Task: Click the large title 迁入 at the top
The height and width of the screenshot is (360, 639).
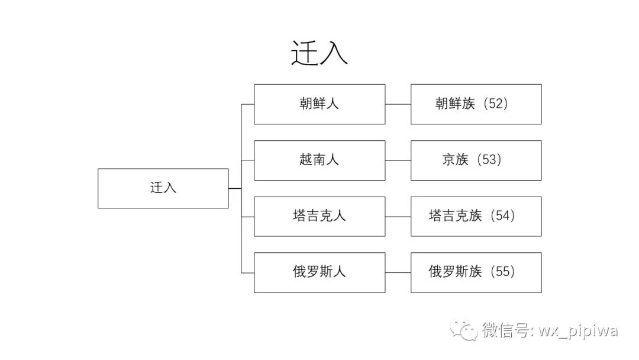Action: click(x=319, y=53)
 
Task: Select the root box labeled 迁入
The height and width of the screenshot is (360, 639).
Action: click(x=163, y=188)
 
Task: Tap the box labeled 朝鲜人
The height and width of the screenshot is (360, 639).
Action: click(x=319, y=104)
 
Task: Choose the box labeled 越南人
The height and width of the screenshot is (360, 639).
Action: click(x=319, y=160)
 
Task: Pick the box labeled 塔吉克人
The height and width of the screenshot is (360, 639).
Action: click(x=319, y=216)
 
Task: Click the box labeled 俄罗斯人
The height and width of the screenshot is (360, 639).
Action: click(x=319, y=272)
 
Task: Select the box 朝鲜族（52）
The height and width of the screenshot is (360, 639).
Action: click(x=476, y=104)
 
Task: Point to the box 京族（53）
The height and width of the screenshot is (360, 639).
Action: click(x=476, y=160)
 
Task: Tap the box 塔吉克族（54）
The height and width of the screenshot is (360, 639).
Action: click(x=476, y=216)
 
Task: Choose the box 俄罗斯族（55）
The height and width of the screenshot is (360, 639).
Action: click(x=476, y=272)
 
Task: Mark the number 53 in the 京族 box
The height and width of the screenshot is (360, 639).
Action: click(x=489, y=160)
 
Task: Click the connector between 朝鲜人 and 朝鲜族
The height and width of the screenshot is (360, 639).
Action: click(x=398, y=104)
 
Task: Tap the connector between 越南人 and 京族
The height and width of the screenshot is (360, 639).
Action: click(x=398, y=160)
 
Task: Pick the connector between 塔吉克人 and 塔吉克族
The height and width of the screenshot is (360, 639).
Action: click(x=398, y=217)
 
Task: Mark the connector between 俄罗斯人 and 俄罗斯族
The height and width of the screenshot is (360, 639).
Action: click(x=398, y=273)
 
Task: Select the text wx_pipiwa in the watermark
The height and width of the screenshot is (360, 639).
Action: click(x=578, y=330)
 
